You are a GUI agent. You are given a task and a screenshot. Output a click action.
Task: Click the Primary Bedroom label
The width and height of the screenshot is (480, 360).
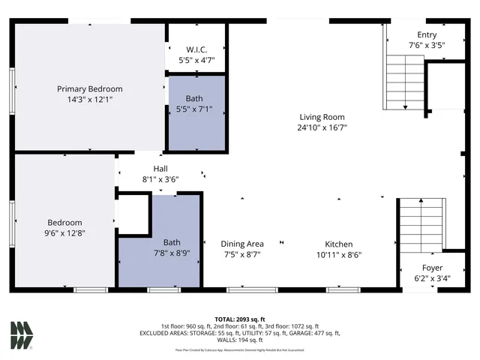90,88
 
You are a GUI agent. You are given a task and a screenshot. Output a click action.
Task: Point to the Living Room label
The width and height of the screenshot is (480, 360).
322,116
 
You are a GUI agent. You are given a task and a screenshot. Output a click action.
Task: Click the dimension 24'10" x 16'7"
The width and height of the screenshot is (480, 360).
322,127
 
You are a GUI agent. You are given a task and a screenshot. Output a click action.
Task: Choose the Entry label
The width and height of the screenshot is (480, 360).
427,35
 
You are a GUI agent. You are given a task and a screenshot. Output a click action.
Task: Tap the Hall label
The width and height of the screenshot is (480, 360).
161,169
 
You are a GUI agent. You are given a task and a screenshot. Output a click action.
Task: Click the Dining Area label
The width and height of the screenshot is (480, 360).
241,244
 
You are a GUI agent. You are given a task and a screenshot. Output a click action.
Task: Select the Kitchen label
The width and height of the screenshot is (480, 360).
338,244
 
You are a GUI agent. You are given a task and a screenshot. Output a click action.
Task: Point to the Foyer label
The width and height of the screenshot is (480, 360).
431,268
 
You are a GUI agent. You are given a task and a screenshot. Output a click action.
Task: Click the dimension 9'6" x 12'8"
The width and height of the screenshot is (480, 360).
65,232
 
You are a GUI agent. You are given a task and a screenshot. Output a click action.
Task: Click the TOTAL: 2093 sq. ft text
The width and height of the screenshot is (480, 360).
240,318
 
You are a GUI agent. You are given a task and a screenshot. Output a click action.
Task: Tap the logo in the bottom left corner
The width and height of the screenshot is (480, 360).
22,334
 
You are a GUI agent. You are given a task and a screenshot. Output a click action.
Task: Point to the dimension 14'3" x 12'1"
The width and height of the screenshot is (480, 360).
90,99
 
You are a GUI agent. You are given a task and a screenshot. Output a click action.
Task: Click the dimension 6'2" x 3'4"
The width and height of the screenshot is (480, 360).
431,278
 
